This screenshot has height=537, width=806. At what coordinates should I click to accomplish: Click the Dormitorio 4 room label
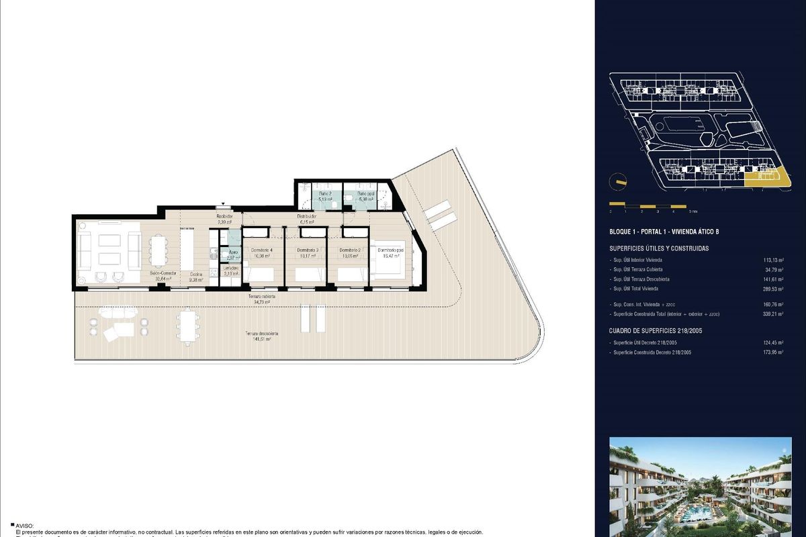click(261, 250)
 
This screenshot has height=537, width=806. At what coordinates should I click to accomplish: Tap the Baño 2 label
click(325, 193)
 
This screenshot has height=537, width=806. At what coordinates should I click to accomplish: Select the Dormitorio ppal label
click(391, 250)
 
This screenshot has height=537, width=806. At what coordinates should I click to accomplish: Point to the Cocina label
click(195, 275)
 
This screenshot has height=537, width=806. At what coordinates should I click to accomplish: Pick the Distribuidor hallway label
click(307, 216)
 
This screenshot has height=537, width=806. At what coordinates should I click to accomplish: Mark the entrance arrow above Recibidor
click(224, 207)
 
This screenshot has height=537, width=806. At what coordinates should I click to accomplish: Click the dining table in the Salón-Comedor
click(158, 250)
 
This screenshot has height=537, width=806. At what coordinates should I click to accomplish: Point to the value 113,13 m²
click(774, 259)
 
